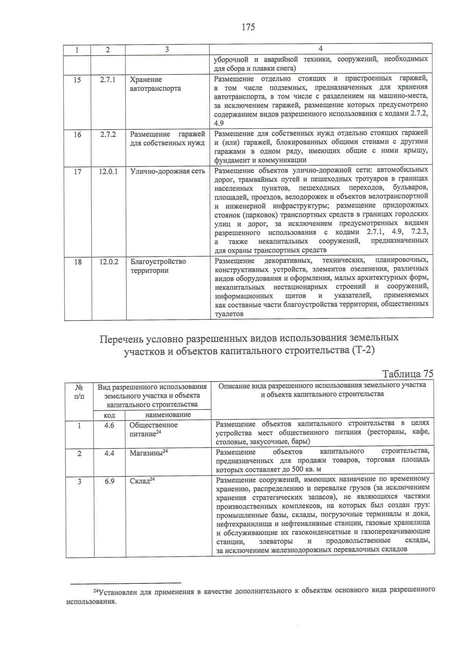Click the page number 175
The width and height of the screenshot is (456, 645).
click(247, 27)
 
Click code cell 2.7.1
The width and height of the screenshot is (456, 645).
click(108, 80)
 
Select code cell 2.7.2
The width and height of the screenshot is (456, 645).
click(108, 134)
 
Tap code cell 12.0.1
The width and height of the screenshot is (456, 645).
click(108, 171)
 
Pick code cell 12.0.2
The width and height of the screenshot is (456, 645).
click(109, 262)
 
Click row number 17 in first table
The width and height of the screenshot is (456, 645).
click(78, 171)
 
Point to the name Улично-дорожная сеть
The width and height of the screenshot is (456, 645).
click(168, 171)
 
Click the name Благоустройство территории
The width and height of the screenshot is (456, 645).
click(158, 266)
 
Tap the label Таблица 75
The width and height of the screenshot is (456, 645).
click(408, 374)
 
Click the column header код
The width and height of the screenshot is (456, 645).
click(109, 415)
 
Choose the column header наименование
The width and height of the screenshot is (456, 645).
click(168, 415)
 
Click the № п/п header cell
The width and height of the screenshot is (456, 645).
click(79, 391)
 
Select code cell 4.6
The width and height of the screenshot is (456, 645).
click(109, 425)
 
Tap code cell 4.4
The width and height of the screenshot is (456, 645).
click(109, 453)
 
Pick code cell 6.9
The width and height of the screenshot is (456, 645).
click(109, 481)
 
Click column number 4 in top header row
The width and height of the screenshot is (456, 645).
click(321, 49)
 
